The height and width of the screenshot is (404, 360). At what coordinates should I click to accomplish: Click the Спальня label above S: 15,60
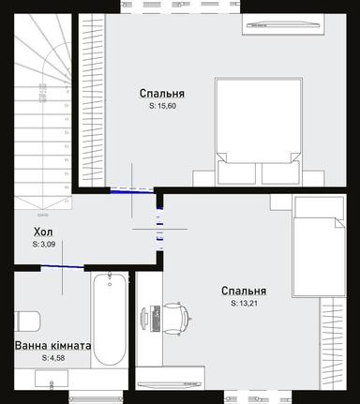click(x=161, y=94)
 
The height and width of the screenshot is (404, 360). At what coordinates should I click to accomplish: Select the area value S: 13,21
click(x=244, y=304)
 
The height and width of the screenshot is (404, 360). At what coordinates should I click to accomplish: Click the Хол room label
click(x=43, y=232)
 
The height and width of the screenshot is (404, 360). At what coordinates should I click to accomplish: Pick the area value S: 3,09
click(x=44, y=245)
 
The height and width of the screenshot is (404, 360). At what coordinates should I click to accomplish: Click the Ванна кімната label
click(x=52, y=346)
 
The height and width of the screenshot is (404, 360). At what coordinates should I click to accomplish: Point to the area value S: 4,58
click(x=53, y=358)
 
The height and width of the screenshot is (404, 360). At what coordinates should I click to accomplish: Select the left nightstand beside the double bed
click(x=204, y=174)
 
